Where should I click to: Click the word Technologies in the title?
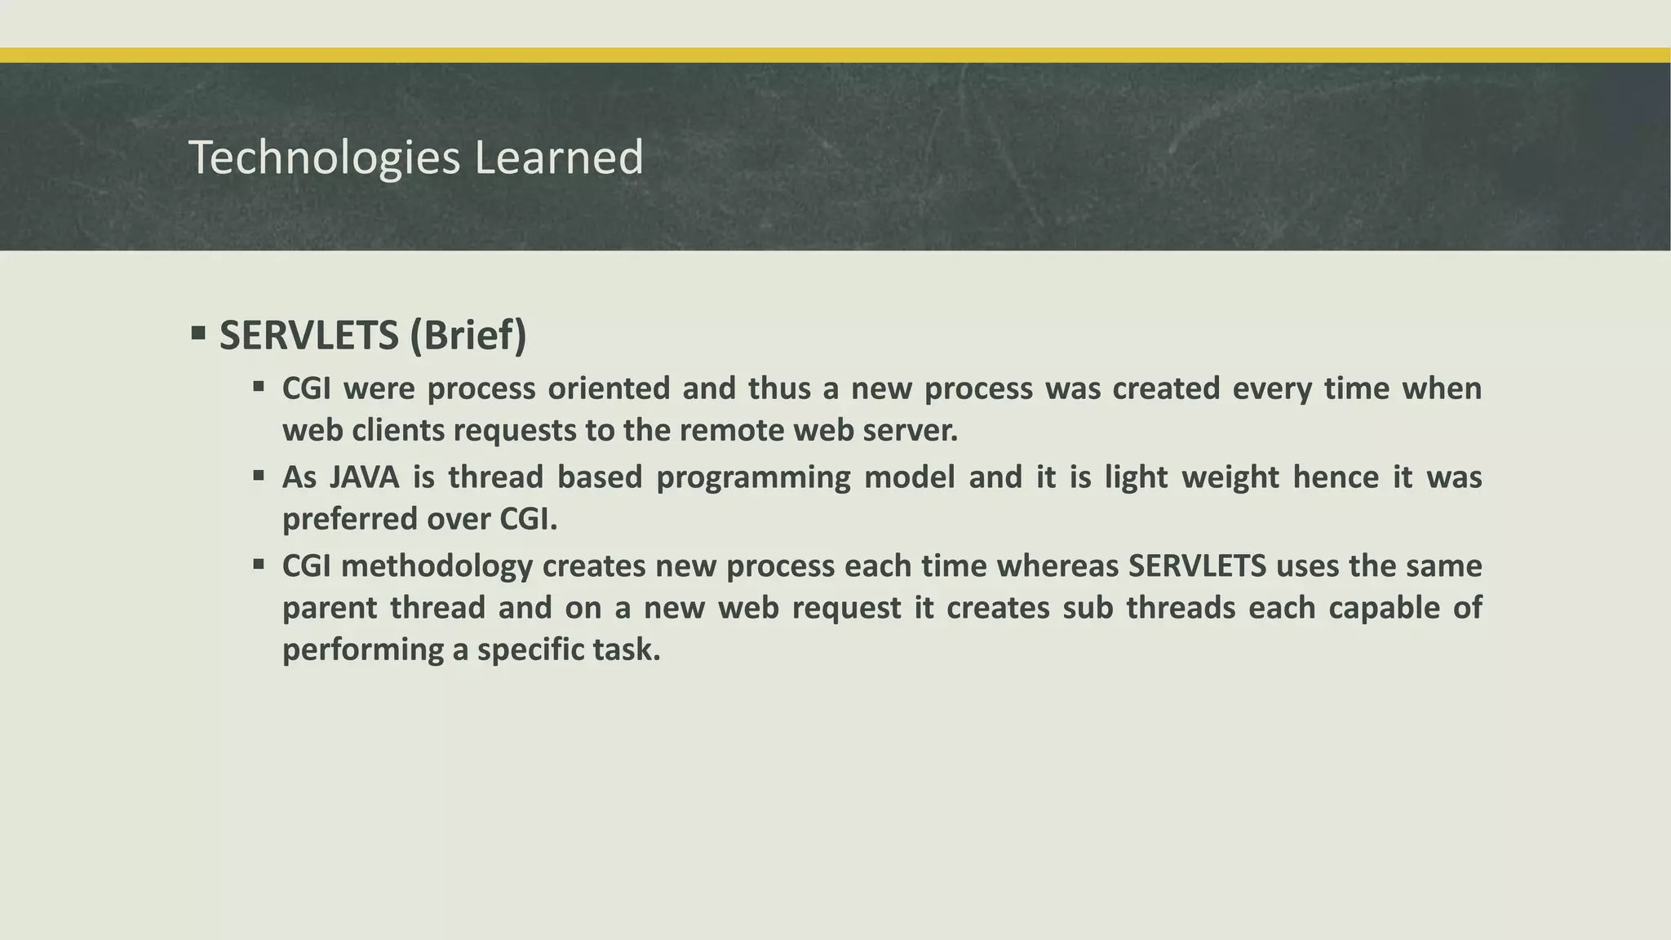(x=324, y=157)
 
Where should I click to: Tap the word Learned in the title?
(x=559, y=157)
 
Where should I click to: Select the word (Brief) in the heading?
(x=468, y=335)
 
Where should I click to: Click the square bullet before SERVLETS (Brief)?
(x=197, y=333)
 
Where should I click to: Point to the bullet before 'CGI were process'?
(x=259, y=386)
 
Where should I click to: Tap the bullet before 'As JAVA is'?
(x=259, y=475)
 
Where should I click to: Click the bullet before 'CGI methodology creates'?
(x=259, y=563)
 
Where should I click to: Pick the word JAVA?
(x=365, y=477)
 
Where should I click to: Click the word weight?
(x=1230, y=477)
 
